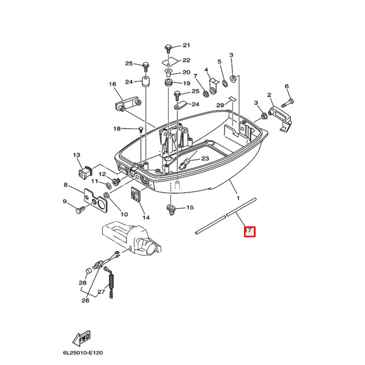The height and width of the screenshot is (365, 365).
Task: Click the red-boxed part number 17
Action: pos(250,231)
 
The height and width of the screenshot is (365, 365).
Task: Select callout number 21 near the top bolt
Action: pos(186,46)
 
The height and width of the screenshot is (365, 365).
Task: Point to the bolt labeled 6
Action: pos(290,100)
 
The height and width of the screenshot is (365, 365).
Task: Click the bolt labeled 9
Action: pos(80,210)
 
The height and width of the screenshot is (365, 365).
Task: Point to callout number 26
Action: pos(85,300)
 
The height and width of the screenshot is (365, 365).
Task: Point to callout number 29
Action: pos(220,105)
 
